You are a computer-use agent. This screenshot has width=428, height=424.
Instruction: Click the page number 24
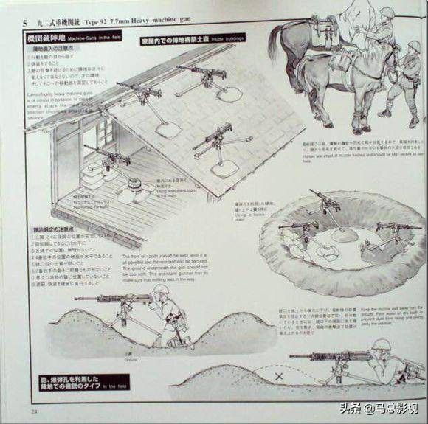(34, 410)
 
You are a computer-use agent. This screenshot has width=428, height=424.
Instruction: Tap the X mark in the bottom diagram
(278, 376)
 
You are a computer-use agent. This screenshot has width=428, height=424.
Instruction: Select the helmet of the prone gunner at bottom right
(380, 345)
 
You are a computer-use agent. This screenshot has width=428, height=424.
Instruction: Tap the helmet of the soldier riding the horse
(387, 13)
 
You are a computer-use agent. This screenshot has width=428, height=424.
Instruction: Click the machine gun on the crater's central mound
(325, 201)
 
